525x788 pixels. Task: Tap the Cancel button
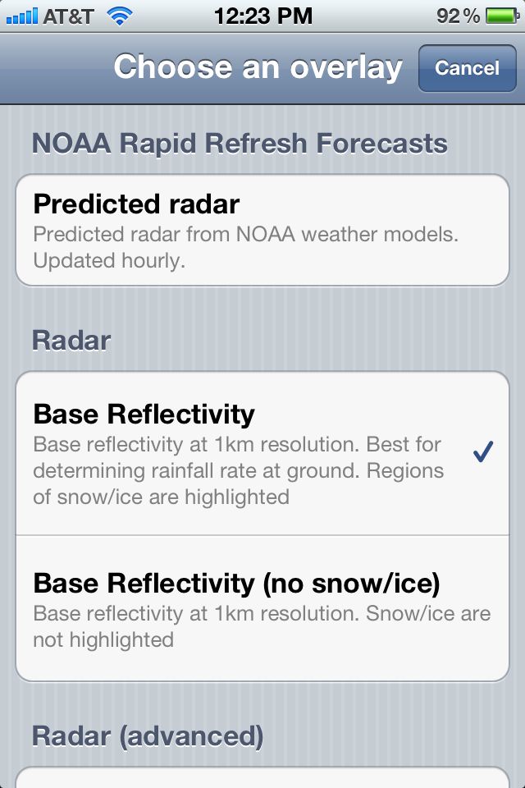click(468, 68)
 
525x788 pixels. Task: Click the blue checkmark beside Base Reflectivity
click(483, 451)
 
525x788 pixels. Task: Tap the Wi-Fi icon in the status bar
click(120, 16)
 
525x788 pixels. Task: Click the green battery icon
click(502, 16)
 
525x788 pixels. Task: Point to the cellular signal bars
click(22, 16)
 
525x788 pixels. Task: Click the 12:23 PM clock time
click(263, 16)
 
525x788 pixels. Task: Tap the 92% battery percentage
click(458, 16)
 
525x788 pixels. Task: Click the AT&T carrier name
click(68, 16)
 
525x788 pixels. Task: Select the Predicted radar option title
click(136, 204)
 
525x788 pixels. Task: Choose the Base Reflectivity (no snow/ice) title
click(236, 584)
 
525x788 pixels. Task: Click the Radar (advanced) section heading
click(148, 736)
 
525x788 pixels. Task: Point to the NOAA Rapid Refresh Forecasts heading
click(240, 143)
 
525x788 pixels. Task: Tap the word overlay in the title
click(347, 67)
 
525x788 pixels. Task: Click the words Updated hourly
click(109, 261)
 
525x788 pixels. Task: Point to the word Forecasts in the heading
click(381, 143)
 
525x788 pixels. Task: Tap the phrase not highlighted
click(103, 639)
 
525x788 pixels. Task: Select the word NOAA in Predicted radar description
click(265, 234)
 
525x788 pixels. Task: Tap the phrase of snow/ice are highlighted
click(162, 497)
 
